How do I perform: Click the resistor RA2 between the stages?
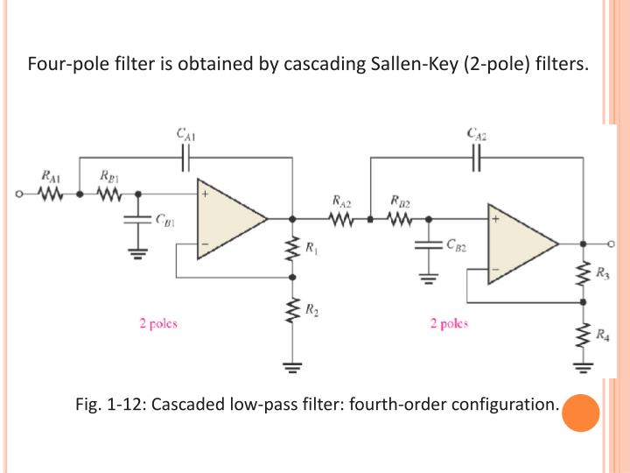pyautogui.click(x=342, y=221)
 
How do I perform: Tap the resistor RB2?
pyautogui.click(x=398, y=221)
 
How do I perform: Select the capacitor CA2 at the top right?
pyautogui.click(x=477, y=158)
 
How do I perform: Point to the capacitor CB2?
pyautogui.click(x=430, y=245)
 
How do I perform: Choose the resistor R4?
pyautogui.click(x=583, y=334)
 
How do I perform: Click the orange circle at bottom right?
pyautogui.click(x=579, y=413)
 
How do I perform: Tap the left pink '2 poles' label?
pyautogui.click(x=158, y=322)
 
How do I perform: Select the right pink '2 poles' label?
pyautogui.click(x=449, y=322)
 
